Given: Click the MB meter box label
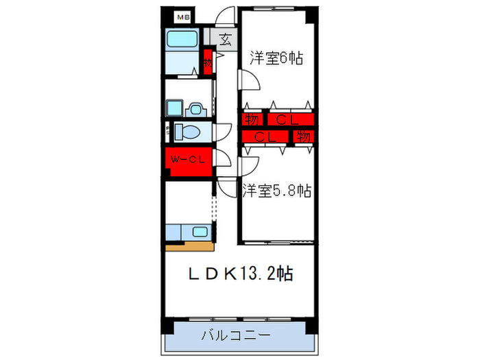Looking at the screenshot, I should (x=183, y=16).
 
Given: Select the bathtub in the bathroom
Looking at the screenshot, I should (x=182, y=40).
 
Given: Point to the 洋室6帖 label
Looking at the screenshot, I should (x=276, y=58).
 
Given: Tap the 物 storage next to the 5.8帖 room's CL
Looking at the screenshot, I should (x=304, y=136).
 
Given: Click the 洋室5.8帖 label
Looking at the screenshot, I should (x=276, y=191).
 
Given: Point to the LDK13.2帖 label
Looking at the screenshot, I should (x=241, y=274).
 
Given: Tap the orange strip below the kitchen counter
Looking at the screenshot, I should (x=189, y=244).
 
